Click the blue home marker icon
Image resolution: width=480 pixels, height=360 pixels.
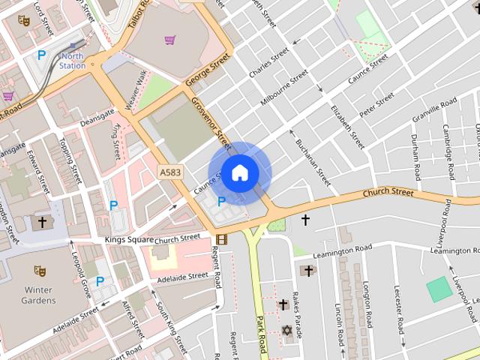239,173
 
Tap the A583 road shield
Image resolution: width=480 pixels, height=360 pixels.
170,172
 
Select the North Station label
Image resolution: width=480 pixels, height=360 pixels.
73,61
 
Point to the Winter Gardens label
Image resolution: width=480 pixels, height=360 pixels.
38,295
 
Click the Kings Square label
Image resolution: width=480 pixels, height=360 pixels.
129,239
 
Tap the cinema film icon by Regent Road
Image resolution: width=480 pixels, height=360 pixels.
220,240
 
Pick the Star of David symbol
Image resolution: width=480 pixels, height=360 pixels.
286,330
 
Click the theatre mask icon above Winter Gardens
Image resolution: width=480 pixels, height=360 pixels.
40,271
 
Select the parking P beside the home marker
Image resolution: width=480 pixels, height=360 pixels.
221,201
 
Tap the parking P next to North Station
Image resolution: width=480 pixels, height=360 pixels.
42,55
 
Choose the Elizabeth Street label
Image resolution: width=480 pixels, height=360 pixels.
348,126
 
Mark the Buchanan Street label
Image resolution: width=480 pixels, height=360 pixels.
313,162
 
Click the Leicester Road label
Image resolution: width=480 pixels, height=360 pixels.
400,315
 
